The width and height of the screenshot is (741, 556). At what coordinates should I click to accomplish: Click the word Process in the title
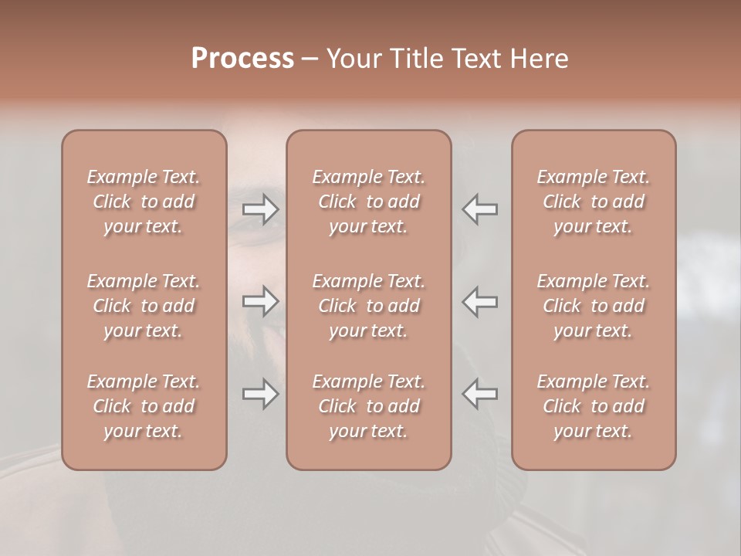point(242,59)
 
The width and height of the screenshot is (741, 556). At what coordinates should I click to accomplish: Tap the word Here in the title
point(540,59)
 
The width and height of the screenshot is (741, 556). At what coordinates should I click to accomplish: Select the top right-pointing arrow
point(261,209)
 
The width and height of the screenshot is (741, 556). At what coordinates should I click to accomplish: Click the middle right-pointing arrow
point(261,301)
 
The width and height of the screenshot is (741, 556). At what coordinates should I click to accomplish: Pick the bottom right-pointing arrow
point(261,394)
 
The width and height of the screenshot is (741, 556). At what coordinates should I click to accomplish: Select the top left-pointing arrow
point(480,209)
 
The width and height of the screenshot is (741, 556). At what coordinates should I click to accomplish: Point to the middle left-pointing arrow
point(480,301)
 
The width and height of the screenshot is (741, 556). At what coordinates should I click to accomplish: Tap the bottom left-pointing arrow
point(480,394)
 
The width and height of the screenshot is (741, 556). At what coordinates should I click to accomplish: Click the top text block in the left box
point(144,202)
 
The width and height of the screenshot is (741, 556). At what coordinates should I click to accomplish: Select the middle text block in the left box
point(144,306)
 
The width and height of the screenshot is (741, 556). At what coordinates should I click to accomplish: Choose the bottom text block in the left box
point(144,406)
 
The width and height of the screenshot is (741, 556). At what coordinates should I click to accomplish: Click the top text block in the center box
point(369,202)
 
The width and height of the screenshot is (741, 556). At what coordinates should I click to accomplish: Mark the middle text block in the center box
point(369,306)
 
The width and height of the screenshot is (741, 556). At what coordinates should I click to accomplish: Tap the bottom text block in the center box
point(369,406)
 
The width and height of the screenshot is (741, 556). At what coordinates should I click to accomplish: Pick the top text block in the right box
point(594,202)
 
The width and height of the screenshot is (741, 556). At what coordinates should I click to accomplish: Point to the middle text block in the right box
point(594,306)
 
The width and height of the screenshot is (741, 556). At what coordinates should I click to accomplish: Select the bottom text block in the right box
point(594,406)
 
